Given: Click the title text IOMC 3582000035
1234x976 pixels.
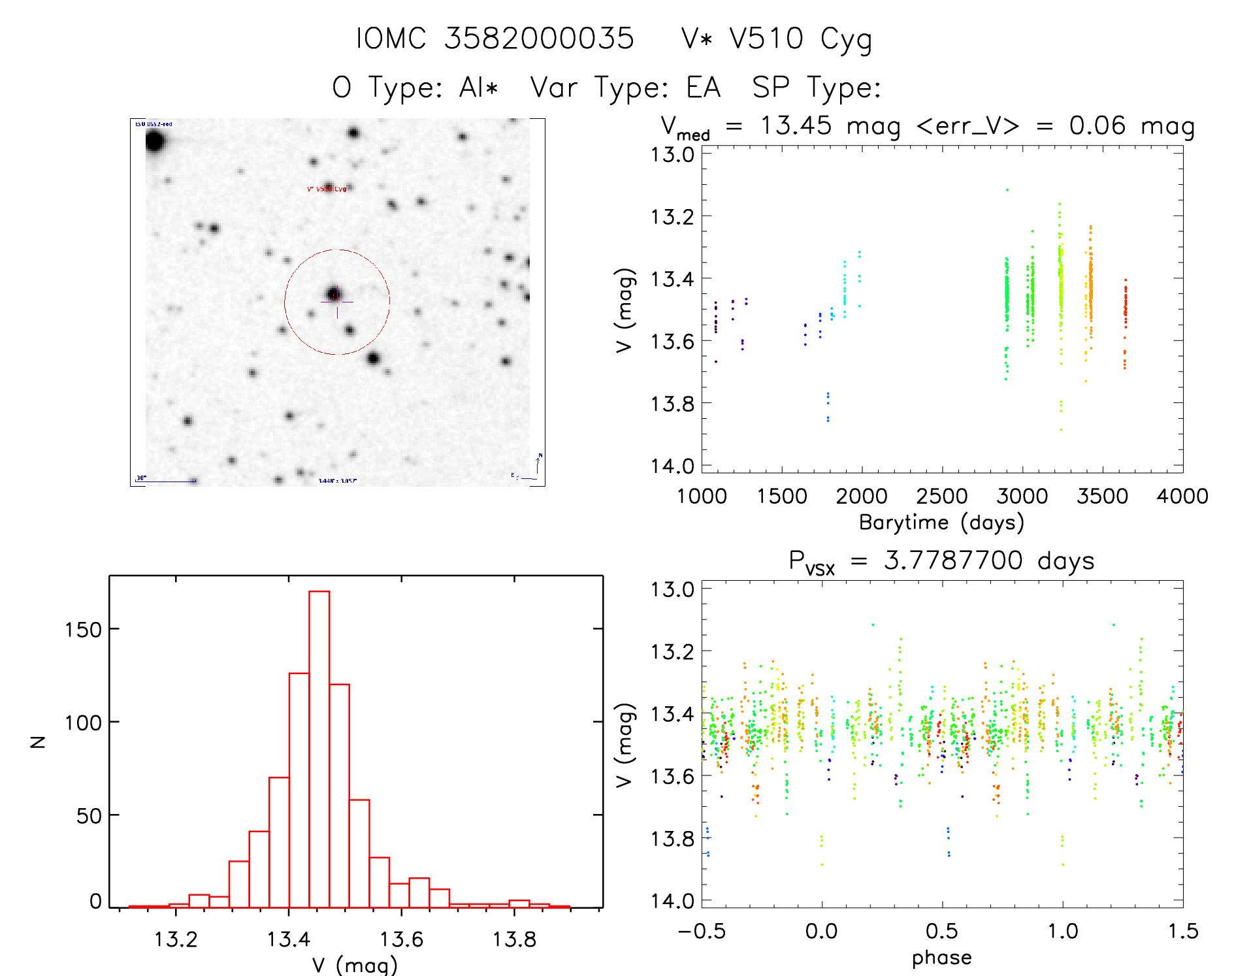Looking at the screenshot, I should tap(495, 39).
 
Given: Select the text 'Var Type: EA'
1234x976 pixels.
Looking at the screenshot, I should tap(625, 88).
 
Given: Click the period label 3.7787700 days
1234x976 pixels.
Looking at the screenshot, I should tap(988, 561).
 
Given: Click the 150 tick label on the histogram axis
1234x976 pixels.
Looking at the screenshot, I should tap(84, 630).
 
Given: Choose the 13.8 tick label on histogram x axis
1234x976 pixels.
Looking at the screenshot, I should tap(513, 939).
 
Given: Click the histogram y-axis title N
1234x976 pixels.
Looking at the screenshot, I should tap(38, 741).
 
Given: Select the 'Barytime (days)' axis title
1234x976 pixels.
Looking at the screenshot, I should tap(941, 523).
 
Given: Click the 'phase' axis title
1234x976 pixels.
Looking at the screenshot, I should tap(941, 958).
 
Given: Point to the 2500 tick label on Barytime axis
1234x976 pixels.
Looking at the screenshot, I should tap(941, 496).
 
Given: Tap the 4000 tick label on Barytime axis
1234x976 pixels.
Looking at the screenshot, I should tap(1182, 496).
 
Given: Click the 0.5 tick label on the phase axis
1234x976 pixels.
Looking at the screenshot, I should tap(941, 931).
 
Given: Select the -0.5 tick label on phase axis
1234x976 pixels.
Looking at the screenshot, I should tap(702, 931).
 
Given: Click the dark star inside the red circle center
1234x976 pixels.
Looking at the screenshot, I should tap(334, 293).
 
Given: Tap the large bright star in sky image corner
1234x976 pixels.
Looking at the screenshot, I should tap(154, 140).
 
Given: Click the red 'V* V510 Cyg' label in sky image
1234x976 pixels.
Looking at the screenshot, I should tap(327, 189).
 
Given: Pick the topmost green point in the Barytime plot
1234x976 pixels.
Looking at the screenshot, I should tap(1007, 190).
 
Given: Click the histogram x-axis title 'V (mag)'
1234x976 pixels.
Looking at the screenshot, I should tap(355, 965).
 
